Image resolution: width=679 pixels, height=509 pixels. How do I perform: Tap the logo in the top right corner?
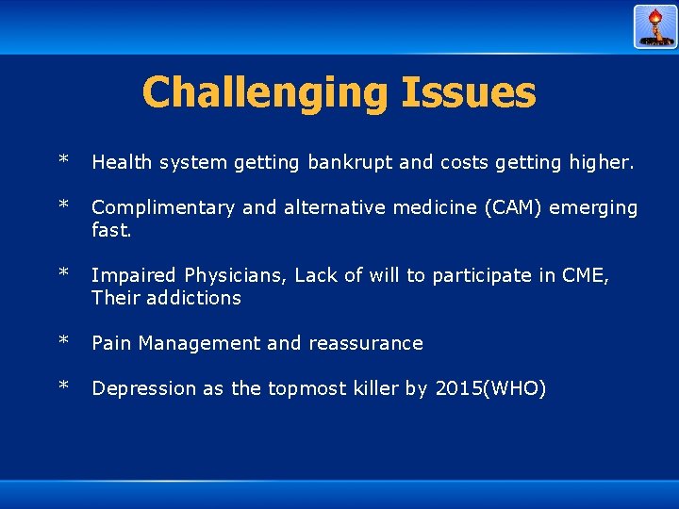point(654,26)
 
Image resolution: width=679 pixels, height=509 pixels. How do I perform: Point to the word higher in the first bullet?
point(600,162)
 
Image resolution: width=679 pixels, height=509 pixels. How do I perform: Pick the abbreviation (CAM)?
point(489,207)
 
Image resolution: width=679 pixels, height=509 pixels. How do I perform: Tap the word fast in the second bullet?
point(109,230)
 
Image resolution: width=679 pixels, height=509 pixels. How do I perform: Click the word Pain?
point(111,343)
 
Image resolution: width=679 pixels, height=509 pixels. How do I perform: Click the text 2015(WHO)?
point(490,388)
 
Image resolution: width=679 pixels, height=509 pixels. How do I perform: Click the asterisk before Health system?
point(63,160)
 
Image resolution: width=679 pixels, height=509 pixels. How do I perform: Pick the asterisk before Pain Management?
point(63,341)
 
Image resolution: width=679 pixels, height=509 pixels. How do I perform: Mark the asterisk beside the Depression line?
point(63,386)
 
